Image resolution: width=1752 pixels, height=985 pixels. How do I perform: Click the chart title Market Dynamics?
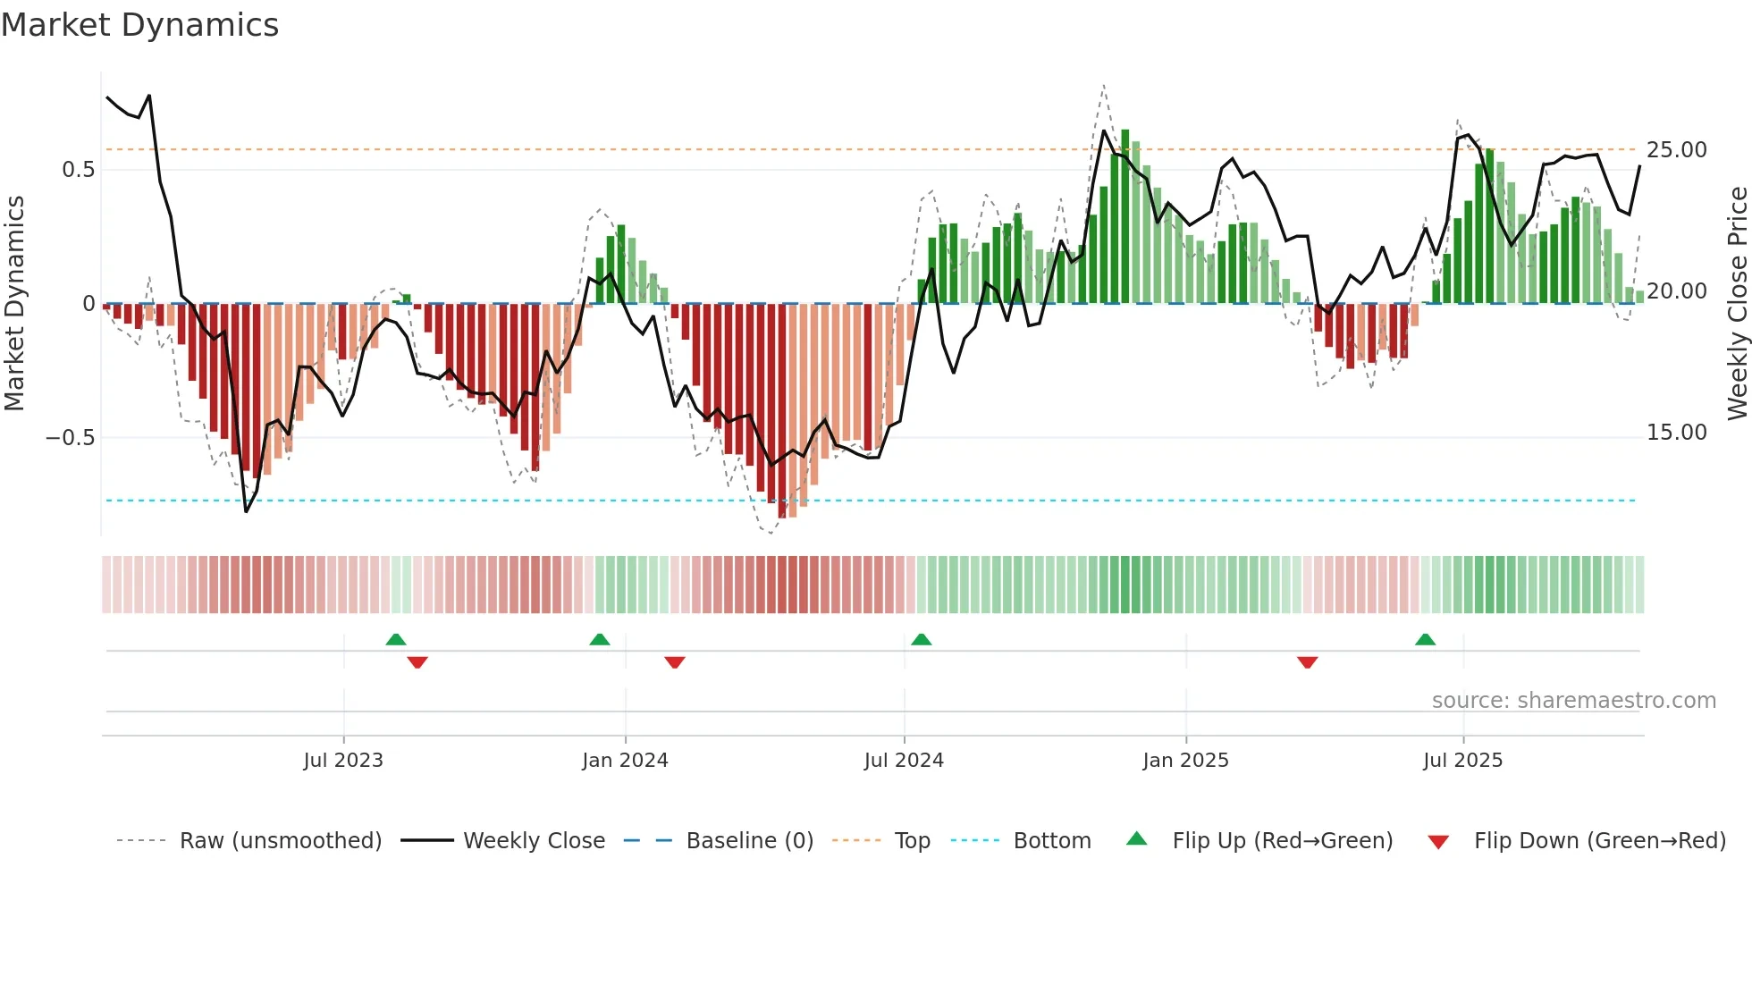pyautogui.click(x=139, y=25)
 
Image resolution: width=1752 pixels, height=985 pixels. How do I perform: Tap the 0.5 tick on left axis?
pyautogui.click(x=78, y=170)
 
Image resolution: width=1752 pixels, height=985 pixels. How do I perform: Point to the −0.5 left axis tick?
pyautogui.click(x=70, y=438)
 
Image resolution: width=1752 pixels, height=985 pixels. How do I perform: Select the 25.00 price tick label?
pyautogui.click(x=1677, y=150)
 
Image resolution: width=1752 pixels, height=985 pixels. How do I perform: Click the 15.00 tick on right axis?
pyautogui.click(x=1677, y=433)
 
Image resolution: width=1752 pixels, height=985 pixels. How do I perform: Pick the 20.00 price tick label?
pyautogui.click(x=1677, y=291)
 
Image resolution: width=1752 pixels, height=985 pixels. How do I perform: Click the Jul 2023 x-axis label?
pyautogui.click(x=343, y=761)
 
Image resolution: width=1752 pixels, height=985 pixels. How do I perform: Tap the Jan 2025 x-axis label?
pyautogui.click(x=1185, y=761)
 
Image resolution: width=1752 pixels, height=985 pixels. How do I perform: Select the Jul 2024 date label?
pyautogui.click(x=904, y=761)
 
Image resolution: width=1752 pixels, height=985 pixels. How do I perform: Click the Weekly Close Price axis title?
pyautogui.click(x=1737, y=303)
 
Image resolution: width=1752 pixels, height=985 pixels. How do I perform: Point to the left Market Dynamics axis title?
pyautogui.click(x=14, y=303)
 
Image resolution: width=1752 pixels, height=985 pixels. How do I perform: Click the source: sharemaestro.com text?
pyautogui.click(x=1573, y=701)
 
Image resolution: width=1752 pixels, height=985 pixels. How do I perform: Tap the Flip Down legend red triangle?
pyautogui.click(x=1438, y=842)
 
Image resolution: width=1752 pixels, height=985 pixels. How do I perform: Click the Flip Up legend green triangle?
pyautogui.click(x=1136, y=838)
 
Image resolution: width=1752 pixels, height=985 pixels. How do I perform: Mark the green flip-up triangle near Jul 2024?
pyautogui.click(x=921, y=639)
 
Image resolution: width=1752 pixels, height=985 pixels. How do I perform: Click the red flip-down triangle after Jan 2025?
pyautogui.click(x=1307, y=662)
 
